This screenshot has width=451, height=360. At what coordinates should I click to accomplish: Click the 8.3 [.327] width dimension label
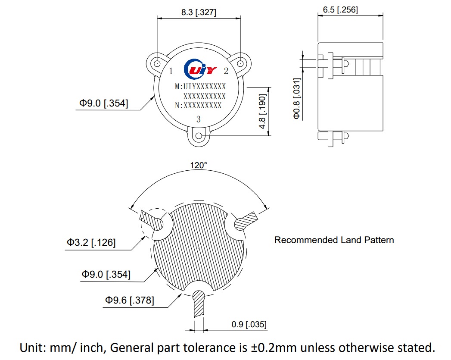[x=199, y=13]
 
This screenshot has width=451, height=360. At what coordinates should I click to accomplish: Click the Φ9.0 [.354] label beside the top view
[x=103, y=103]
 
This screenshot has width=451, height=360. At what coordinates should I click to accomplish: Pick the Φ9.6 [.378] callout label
[x=129, y=300]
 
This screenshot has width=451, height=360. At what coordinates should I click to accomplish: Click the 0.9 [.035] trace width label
[x=249, y=324]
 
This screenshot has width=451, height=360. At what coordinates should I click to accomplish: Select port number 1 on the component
[x=171, y=71]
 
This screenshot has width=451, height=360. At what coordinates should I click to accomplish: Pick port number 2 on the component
[x=226, y=71]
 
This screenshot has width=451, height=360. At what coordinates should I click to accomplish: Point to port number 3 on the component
[x=198, y=119]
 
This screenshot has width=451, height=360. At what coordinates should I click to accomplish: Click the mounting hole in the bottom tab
[x=199, y=136]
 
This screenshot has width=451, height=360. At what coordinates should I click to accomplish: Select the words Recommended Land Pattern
[x=334, y=240]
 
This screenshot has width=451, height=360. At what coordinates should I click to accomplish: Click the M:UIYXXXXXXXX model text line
[x=200, y=87]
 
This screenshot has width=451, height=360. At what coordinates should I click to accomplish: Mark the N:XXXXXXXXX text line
[x=198, y=105]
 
